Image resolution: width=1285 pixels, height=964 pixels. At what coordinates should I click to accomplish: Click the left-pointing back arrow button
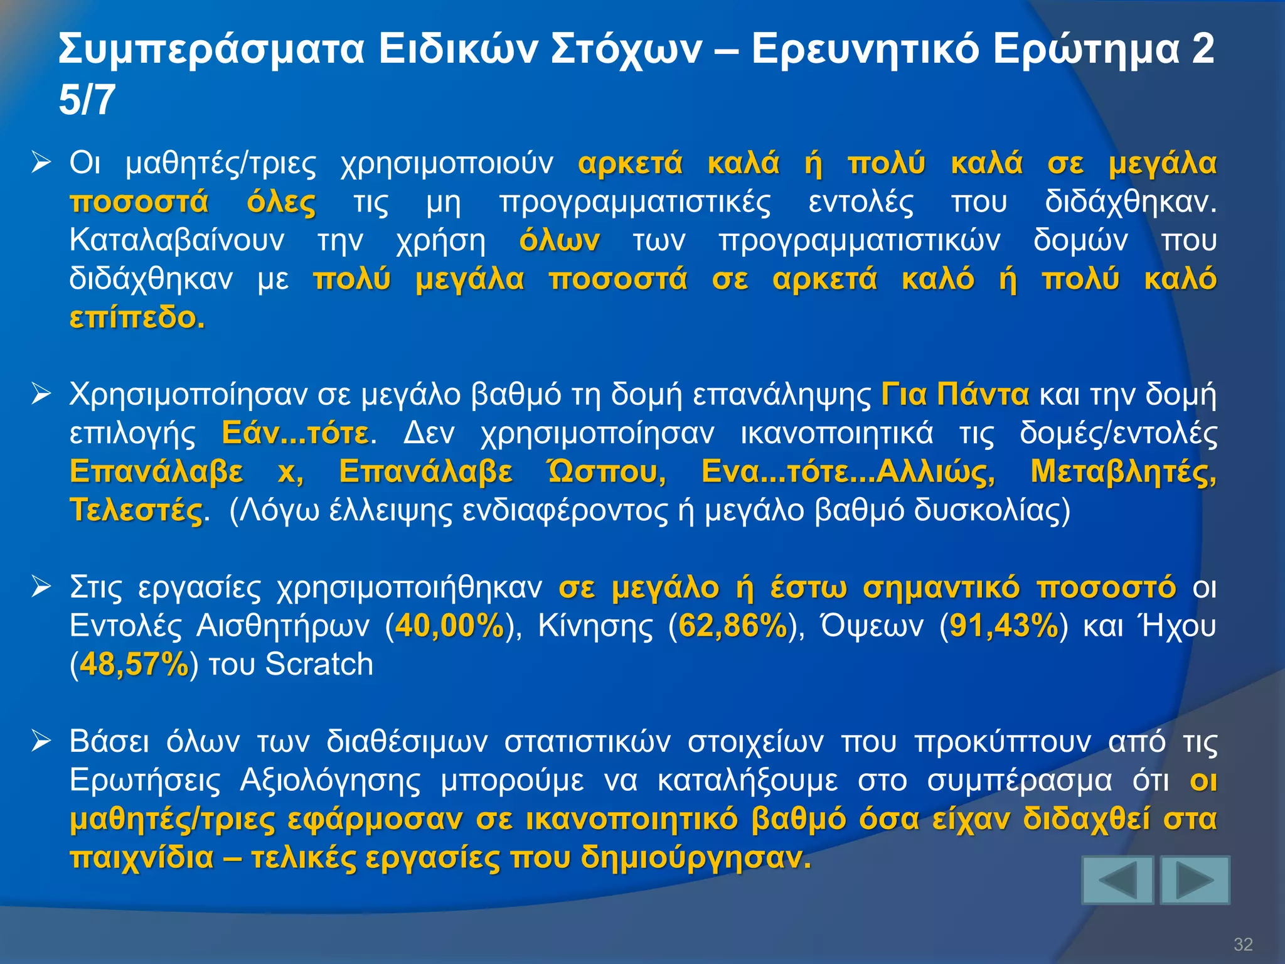pos(1117,880)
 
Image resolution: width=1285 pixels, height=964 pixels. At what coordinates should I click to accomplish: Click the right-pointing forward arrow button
pos(1195,880)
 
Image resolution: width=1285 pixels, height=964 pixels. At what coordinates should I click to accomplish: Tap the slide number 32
pos(1242,944)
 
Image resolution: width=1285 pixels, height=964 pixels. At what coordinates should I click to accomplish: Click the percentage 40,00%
pos(450,626)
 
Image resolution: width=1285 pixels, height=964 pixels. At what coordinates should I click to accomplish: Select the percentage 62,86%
pos(733,626)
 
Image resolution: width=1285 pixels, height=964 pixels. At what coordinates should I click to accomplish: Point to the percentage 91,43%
pos(1004,626)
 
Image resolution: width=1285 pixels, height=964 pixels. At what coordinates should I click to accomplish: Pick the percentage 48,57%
pos(134,664)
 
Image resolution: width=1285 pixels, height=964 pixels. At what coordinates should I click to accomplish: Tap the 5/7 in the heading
pos(87,100)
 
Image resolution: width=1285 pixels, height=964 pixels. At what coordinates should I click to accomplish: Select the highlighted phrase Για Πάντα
pos(955,395)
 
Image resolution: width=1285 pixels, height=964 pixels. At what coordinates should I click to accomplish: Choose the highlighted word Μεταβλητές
pos(1123,471)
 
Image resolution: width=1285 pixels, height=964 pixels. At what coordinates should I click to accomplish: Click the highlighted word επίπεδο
pos(137,318)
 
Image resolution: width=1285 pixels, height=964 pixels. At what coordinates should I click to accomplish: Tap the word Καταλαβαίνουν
pos(177,240)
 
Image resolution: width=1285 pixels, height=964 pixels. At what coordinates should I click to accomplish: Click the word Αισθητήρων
pos(282,626)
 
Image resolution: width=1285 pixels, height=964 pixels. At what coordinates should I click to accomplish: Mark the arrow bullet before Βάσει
pos(41,741)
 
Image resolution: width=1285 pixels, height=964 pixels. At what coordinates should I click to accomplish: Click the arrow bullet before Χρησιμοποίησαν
pos(41,395)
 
